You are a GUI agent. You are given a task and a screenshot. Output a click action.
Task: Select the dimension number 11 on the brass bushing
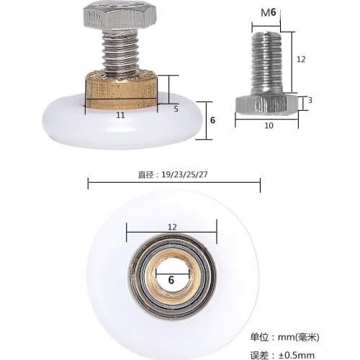pyautogui.click(x=120, y=114)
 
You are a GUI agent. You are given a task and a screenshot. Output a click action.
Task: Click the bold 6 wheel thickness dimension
pyautogui.click(x=212, y=120)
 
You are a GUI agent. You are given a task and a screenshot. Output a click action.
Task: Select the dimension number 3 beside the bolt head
pyautogui.click(x=310, y=100)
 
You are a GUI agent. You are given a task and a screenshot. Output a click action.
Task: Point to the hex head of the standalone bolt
pyautogui.click(x=267, y=104)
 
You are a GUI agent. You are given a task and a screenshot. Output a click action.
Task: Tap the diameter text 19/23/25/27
pyautogui.click(x=174, y=173)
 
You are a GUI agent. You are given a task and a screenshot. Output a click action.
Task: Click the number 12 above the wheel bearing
pyautogui.click(x=171, y=226)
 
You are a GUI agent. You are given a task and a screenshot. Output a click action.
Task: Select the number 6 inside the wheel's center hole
pyautogui.click(x=171, y=279)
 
